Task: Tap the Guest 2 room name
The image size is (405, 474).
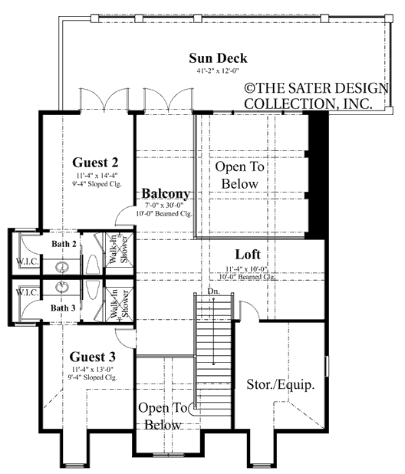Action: click(95, 163)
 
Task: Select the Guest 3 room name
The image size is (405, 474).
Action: click(92, 356)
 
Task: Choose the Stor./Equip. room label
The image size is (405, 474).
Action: click(281, 385)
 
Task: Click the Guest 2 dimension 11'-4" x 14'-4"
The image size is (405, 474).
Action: click(95, 175)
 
